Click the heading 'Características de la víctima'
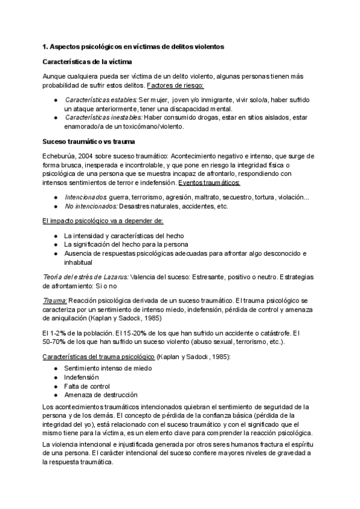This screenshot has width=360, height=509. (88, 62)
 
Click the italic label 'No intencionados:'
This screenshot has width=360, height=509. (91, 206)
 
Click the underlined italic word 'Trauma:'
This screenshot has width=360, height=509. (55, 300)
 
